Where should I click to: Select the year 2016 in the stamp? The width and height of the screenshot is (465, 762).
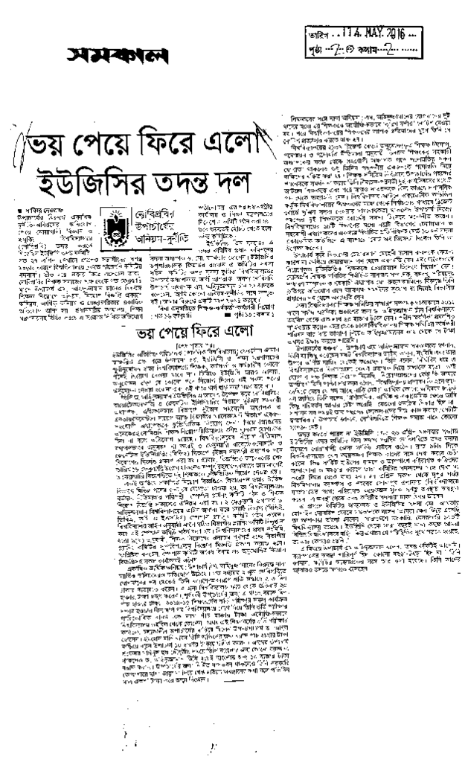[389, 34]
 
